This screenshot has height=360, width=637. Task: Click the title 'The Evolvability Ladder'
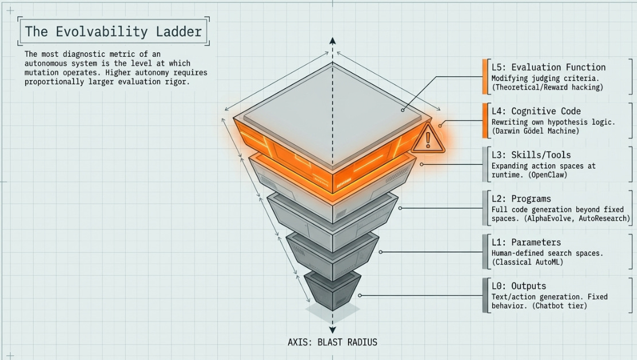pyautogui.click(x=114, y=31)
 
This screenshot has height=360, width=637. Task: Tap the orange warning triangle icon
pyautogui.click(x=428, y=138)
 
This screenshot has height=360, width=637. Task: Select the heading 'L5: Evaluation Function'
pyautogui.click(x=548, y=67)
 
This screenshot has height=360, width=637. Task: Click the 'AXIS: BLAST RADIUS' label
pyautogui.click(x=332, y=342)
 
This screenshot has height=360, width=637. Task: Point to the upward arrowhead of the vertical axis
pyautogui.click(x=332, y=41)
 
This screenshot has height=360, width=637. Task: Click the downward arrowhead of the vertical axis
pyautogui.click(x=332, y=329)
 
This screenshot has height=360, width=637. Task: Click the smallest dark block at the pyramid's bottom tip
pyautogui.click(x=332, y=290)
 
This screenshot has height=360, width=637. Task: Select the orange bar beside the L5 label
pyautogui.click(x=485, y=76)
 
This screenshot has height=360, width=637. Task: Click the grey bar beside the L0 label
pyautogui.click(x=485, y=296)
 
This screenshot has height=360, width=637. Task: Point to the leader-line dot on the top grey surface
pyautogui.click(x=403, y=110)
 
